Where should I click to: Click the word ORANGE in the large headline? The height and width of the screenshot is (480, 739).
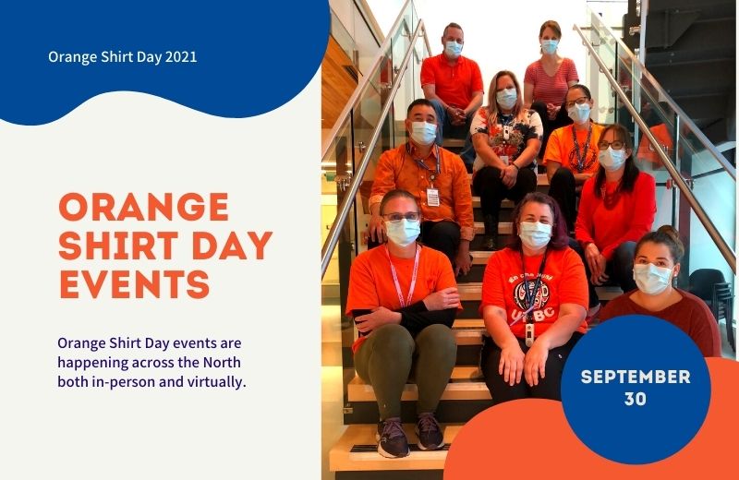[142, 207]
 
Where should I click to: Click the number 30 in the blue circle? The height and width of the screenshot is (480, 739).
[635, 399]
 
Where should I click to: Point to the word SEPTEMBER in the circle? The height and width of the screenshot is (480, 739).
[636, 377]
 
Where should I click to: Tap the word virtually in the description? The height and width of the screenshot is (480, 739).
[215, 380]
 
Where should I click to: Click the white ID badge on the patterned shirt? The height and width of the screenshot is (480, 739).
[432, 196]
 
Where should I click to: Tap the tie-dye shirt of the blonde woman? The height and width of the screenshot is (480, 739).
[505, 138]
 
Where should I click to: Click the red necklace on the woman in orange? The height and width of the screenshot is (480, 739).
[610, 191]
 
